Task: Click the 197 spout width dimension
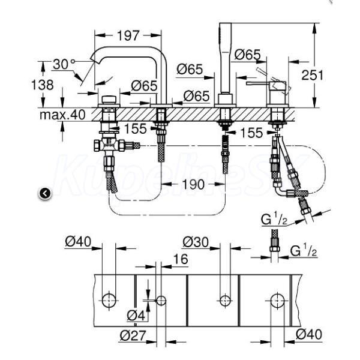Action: coord(128,35)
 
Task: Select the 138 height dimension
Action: coord(42,85)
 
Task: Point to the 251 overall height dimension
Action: coord(312,75)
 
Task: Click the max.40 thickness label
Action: coord(62,115)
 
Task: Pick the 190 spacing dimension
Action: coord(193,184)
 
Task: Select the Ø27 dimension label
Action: coord(133,335)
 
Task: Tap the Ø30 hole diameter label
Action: coord(196,242)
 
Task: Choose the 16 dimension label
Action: coord(181,259)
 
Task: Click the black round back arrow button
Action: coord(45,194)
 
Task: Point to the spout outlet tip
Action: coord(94,58)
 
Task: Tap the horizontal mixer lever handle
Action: coord(258,83)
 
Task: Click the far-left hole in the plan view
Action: coord(109,300)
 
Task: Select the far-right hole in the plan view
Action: coord(277,300)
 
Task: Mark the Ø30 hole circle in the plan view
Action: coord(225,301)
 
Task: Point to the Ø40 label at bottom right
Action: coord(309,334)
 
